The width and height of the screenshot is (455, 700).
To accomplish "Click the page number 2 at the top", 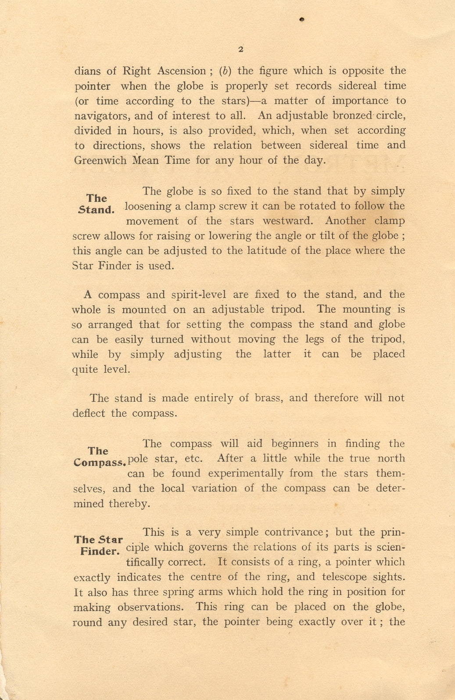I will (x=240, y=49).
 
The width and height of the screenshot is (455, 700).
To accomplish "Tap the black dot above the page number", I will (x=302, y=19).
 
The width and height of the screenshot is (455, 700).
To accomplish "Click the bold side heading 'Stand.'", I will (x=97, y=209).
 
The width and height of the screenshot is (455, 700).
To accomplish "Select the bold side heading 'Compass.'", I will (x=100, y=462).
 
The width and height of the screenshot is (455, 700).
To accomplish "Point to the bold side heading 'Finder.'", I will (x=100, y=551).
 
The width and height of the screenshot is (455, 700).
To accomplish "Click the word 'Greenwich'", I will (x=100, y=160).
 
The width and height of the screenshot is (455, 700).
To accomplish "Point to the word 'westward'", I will (x=287, y=221).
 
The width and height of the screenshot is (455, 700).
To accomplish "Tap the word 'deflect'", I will (x=89, y=414).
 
